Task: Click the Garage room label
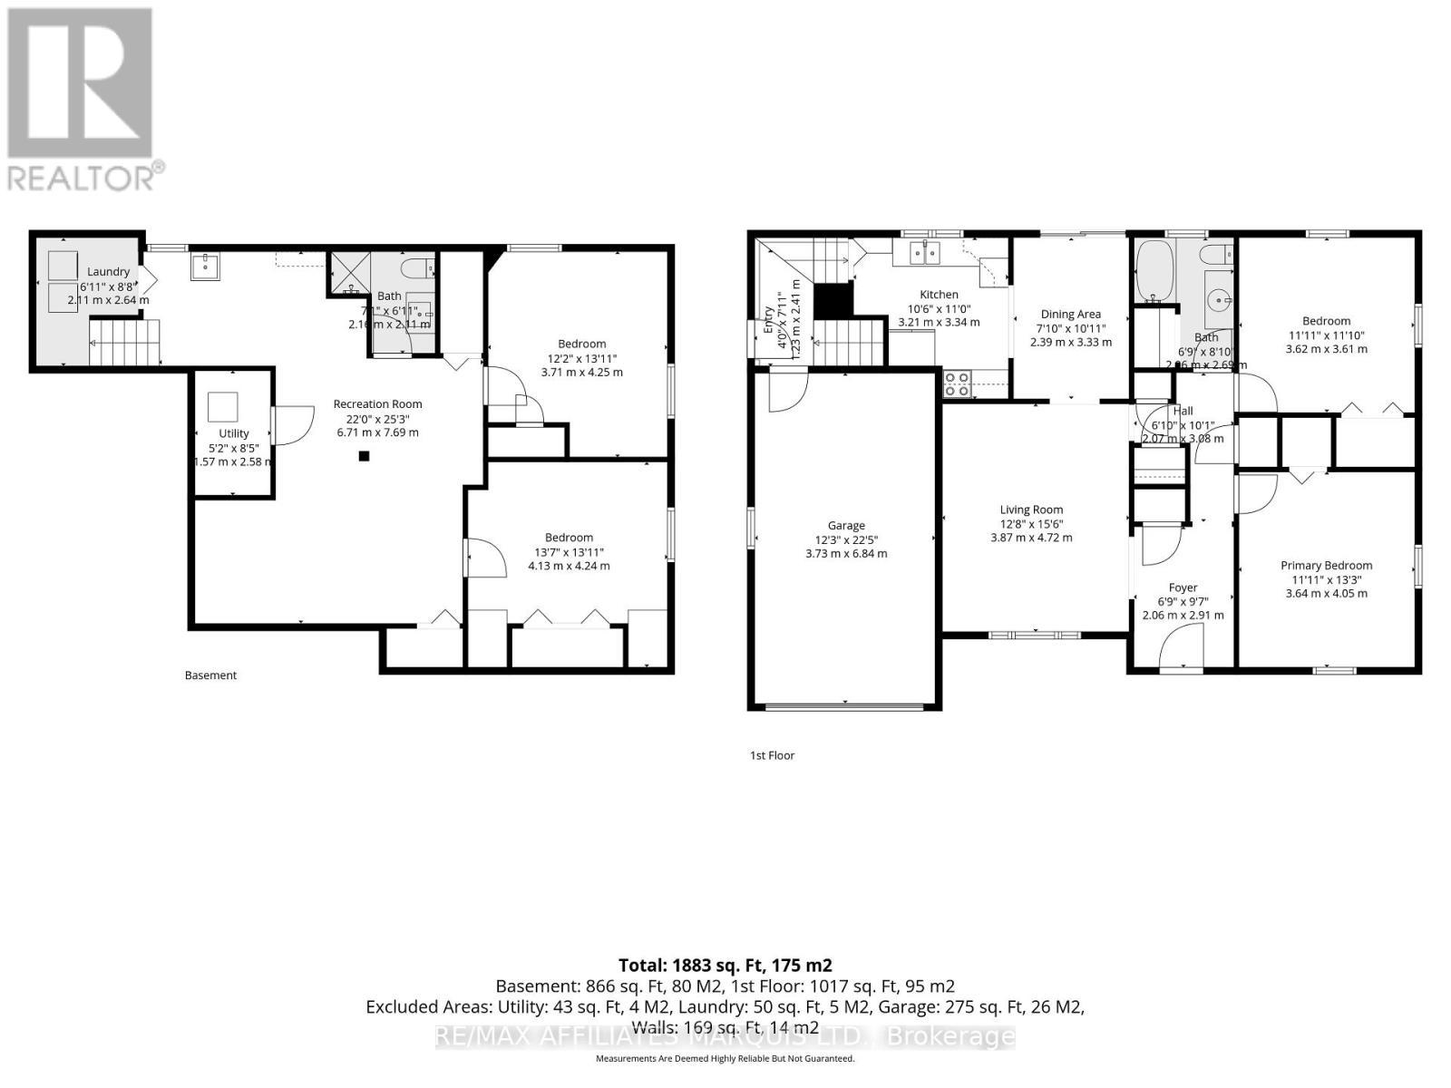pos(845,525)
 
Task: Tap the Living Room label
pos(1031,510)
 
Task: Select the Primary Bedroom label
pos(1326,565)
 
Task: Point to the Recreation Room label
pos(377,404)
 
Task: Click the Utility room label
pos(233,433)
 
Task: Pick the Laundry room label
pos(108,271)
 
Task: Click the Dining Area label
pos(1070,314)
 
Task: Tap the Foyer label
pos(1183,588)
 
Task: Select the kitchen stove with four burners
pos(956,384)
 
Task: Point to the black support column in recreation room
pos(364,456)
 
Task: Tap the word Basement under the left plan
pos(210,675)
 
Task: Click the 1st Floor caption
pos(772,755)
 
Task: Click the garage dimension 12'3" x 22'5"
pos(845,539)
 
